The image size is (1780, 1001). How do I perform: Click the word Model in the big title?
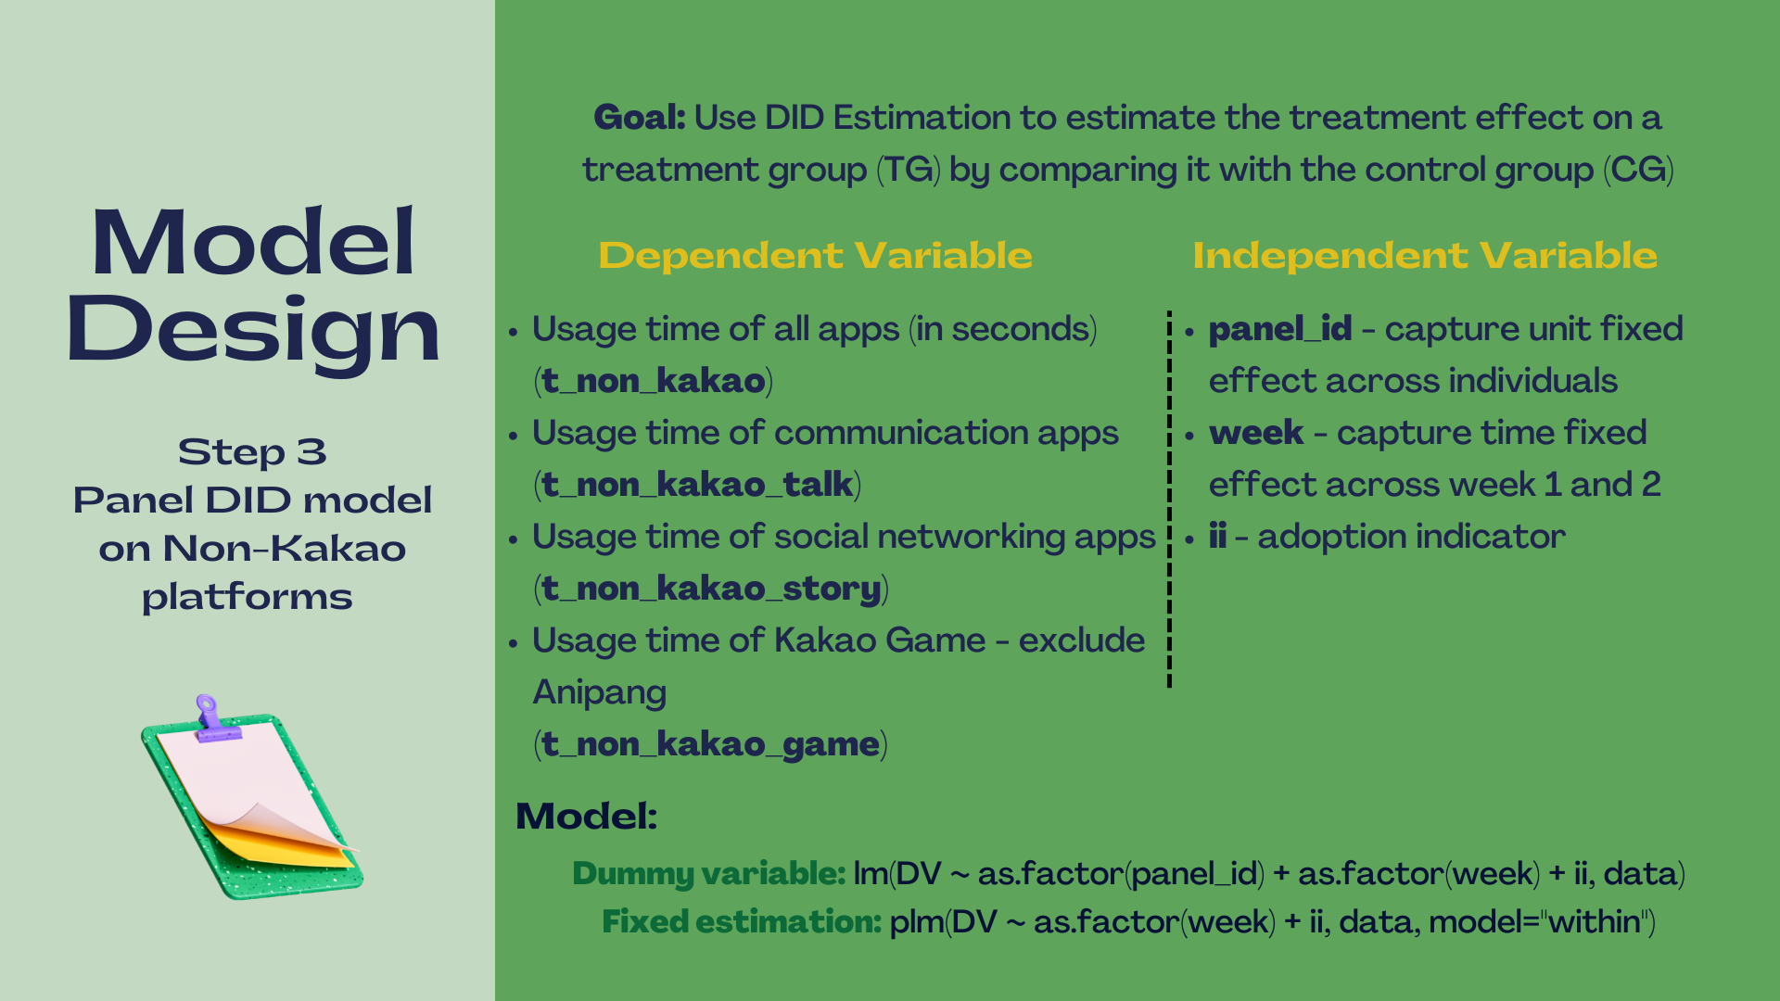coord(252,242)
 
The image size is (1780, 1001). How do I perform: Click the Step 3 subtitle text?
coord(252,452)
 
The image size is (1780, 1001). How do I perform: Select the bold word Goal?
coord(640,118)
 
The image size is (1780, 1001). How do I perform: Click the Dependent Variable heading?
coord(815,255)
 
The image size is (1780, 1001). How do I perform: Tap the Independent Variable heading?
coord(1425,255)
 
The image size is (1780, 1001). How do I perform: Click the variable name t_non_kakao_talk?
coord(697,485)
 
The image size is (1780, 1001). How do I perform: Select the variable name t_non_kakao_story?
coord(711,589)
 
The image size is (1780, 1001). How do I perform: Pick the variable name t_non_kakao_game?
coord(710,744)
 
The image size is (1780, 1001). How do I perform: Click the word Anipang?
coord(600,692)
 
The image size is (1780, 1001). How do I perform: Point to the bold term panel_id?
coord(1280,329)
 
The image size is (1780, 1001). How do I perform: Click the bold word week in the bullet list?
coord(1256,433)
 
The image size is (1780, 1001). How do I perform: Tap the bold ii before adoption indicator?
coord(1217,537)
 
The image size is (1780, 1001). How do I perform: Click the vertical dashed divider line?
coord(1169,499)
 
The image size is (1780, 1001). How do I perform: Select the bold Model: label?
coord(587,817)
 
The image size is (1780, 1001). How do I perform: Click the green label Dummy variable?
coord(709,874)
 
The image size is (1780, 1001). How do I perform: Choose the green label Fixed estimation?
coord(742,922)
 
